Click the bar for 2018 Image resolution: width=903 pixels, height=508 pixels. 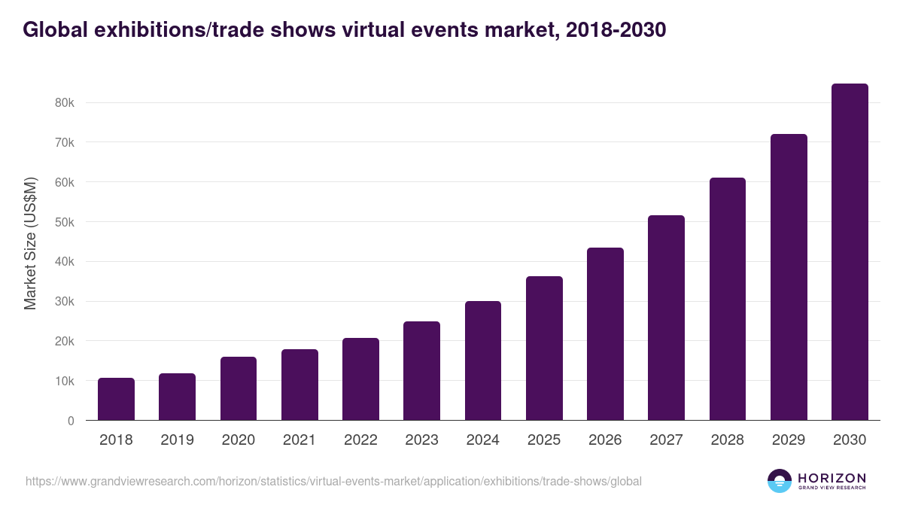coord(116,399)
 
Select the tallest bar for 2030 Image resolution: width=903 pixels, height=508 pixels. coord(850,252)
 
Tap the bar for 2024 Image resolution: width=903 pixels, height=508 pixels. coord(483,360)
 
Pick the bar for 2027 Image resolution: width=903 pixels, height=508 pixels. coord(666,318)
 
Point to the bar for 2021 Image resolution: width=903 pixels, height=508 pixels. coord(299,385)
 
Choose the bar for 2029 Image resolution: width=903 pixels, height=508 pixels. coord(789,277)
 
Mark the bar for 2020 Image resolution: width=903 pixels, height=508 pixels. coord(239,388)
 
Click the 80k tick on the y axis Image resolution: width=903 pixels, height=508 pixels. coord(65,102)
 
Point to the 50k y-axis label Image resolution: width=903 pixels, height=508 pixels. coord(65,222)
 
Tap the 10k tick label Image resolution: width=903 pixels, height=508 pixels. coord(65,381)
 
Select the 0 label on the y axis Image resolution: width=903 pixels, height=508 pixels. coord(71,421)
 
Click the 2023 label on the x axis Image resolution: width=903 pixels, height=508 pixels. coord(421,440)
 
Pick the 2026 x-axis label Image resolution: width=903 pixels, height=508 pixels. coord(605,440)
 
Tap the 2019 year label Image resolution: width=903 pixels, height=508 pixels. coord(177,440)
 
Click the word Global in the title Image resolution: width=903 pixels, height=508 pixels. coord(55,29)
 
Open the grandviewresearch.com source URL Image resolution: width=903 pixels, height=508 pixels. coord(333,481)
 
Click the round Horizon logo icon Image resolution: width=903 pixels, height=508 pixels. coord(780,481)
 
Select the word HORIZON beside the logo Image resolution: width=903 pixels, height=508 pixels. coord(832,478)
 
